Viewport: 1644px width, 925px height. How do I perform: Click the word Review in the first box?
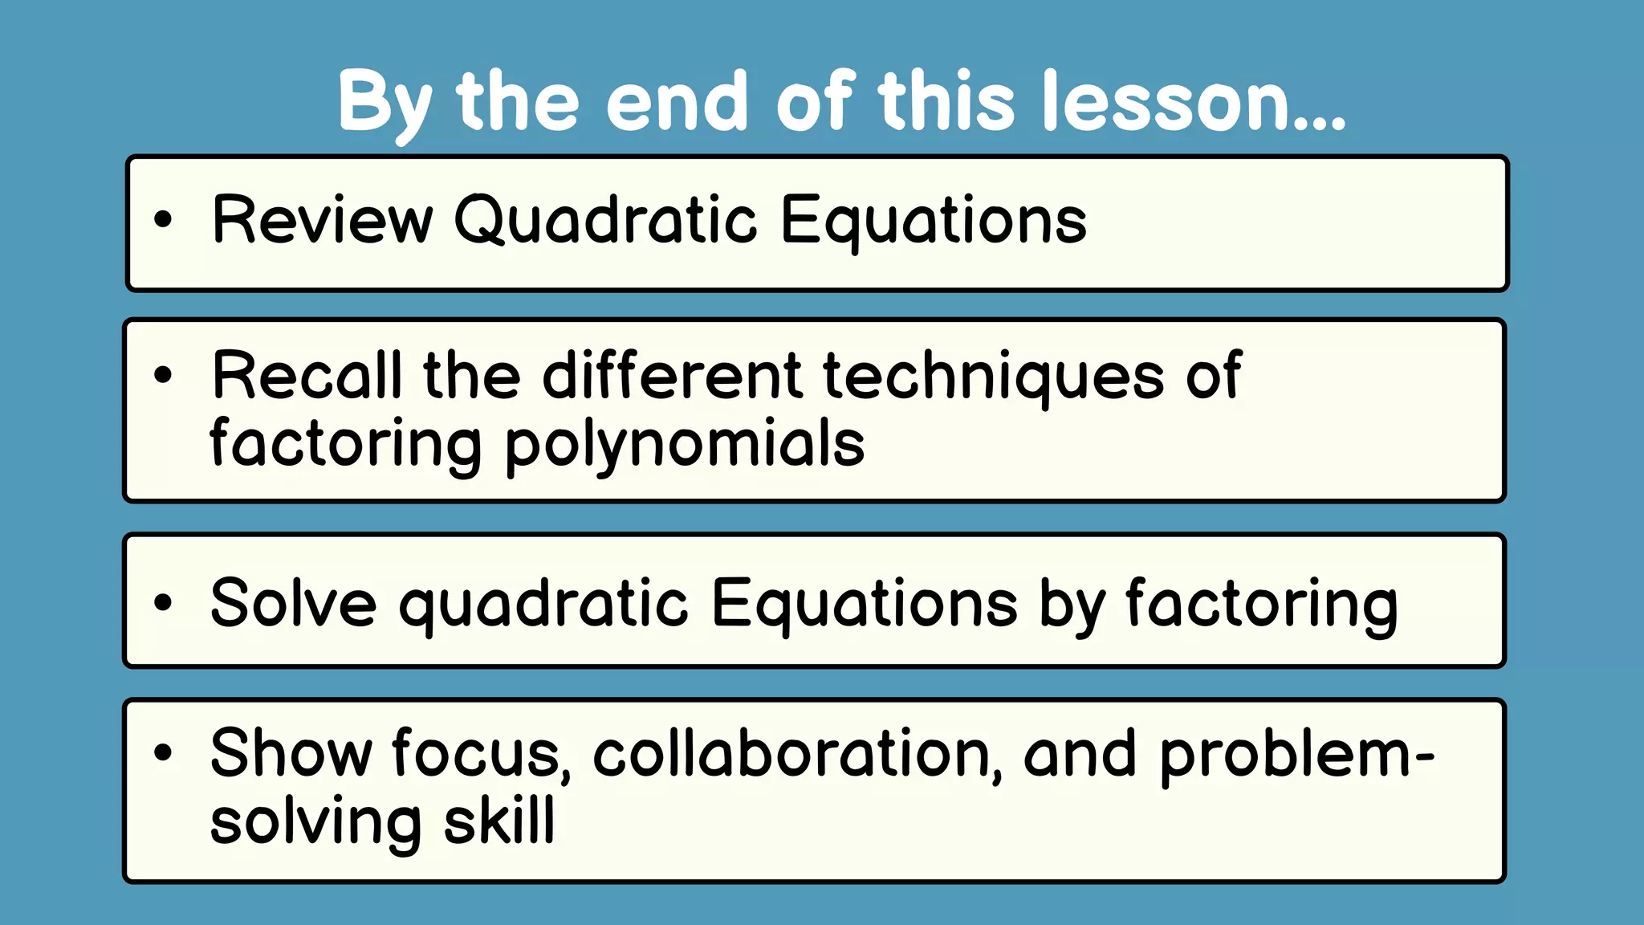322,220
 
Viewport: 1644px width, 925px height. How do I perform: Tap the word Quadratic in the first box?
605,220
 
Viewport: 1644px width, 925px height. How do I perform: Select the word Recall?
306,376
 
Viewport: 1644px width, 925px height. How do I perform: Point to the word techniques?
994,376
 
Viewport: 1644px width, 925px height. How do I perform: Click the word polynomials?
685,445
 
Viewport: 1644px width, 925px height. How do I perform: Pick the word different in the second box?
673,376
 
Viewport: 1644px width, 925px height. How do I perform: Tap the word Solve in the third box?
293,604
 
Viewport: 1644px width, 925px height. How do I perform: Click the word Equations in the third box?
865,604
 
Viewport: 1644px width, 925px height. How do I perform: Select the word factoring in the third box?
1261,604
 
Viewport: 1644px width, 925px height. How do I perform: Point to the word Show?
291,753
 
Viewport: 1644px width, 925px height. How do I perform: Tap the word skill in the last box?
499,821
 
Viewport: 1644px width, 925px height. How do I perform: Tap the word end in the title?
677,101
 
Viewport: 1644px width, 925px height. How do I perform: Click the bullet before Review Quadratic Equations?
163,219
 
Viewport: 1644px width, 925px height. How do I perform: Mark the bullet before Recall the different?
163,375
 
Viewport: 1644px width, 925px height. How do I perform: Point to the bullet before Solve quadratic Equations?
163,603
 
